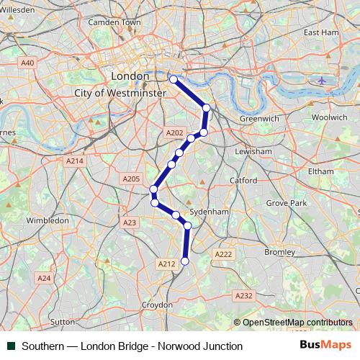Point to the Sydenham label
209,212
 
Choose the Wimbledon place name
47,220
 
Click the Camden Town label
114,22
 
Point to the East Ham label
321,32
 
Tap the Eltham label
320,171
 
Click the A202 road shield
174,133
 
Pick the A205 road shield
131,179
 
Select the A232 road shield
244,295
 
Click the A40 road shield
27,63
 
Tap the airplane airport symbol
321,80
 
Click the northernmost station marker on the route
173,79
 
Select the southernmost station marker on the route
184,261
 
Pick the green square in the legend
11,346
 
